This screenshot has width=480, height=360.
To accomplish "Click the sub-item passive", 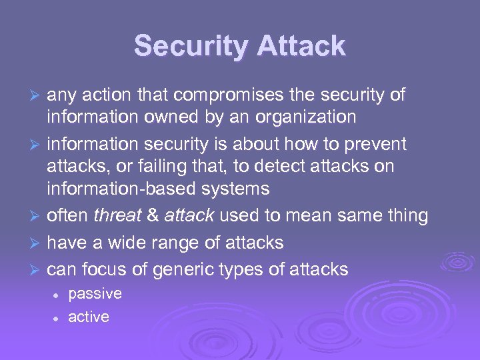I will (x=95, y=294).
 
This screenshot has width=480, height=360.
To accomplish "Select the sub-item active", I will (x=88, y=317).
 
